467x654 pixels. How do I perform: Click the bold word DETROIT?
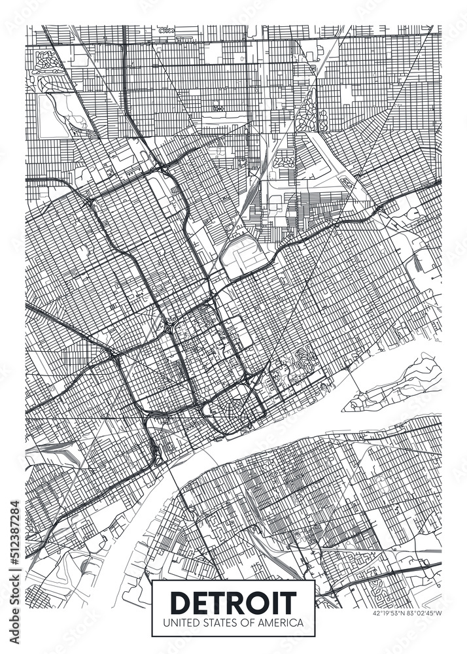[x=233, y=601]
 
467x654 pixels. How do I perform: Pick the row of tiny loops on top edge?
[x=167, y=30]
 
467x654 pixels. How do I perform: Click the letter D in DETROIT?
[x=180, y=601]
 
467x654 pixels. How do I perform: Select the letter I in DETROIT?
[x=278, y=601]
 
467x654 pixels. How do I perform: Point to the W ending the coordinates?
[x=439, y=613]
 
